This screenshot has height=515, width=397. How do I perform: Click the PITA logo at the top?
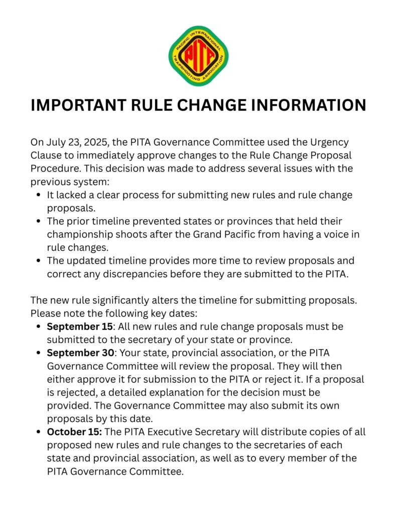point(199,56)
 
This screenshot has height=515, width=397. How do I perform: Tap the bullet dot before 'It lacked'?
point(39,195)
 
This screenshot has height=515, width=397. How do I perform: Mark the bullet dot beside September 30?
point(39,353)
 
